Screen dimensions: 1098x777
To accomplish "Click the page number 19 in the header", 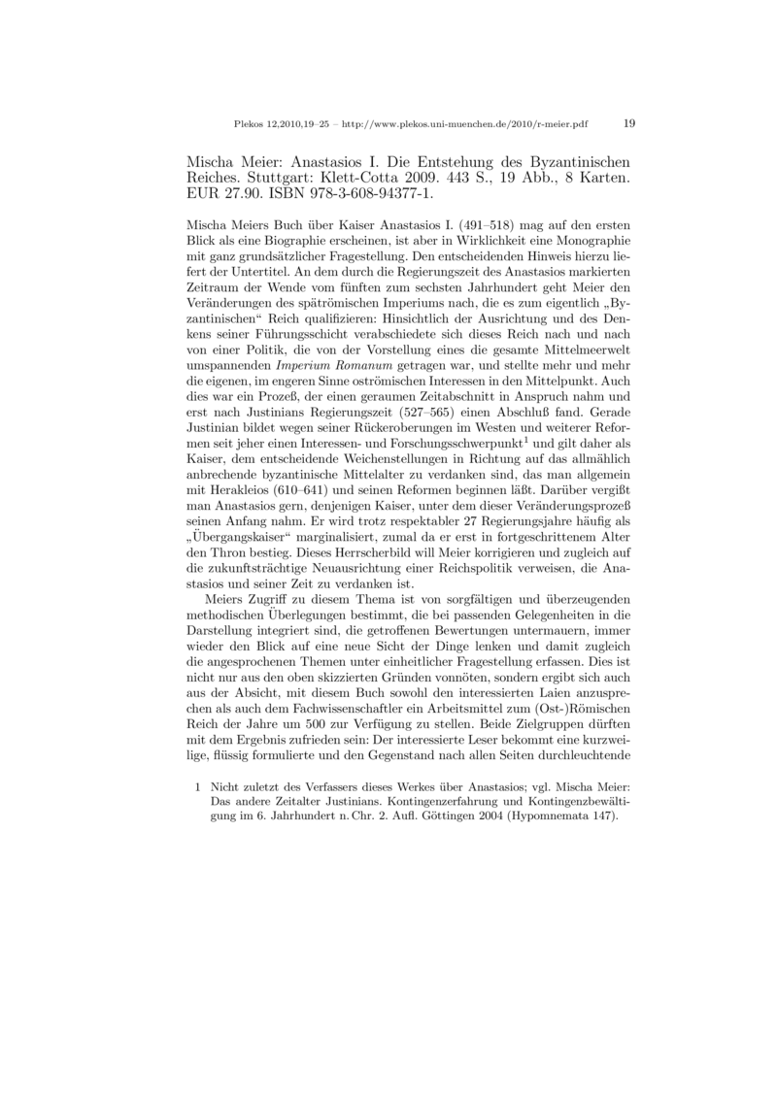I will (628, 123).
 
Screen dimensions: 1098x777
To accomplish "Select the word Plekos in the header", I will (250, 124).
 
